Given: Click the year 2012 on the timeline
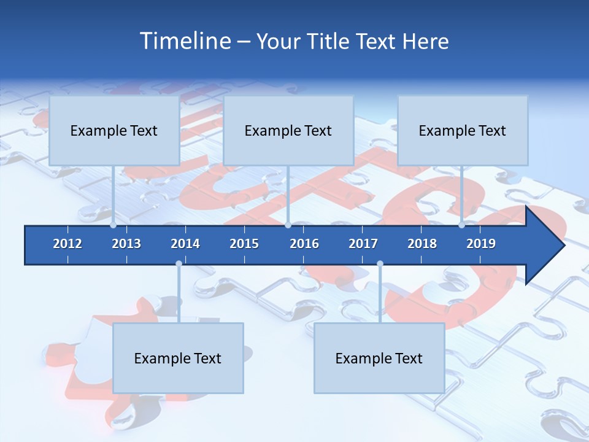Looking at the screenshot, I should [x=67, y=244].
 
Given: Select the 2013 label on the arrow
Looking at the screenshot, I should [x=126, y=244].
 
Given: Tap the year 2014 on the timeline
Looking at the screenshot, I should [x=185, y=244].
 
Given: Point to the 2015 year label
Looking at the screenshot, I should [x=244, y=244].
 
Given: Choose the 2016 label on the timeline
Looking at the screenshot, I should [x=304, y=244].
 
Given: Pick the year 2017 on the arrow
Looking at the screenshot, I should [x=363, y=244].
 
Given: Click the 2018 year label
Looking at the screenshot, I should [x=422, y=244].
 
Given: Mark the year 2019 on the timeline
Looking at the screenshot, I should [x=481, y=244].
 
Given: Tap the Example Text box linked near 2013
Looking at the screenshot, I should [x=114, y=131].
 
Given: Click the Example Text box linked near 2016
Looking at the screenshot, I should [x=288, y=131].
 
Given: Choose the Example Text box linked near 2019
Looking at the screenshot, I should [x=463, y=131].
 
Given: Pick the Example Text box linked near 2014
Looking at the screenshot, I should [x=178, y=359].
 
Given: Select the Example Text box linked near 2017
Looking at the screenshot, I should [x=379, y=359].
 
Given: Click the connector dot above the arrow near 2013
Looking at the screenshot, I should [x=114, y=225].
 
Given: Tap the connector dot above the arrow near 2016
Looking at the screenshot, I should [x=288, y=225].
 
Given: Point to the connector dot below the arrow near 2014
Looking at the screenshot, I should [x=179, y=264].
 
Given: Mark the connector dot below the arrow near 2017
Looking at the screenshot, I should [x=380, y=264].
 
